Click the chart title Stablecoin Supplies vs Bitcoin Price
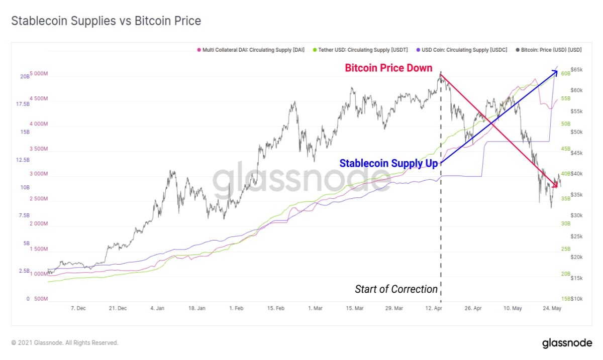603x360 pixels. click(106, 21)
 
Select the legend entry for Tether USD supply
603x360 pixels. click(360, 50)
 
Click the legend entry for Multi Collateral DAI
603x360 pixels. click(251, 50)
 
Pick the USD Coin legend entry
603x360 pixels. click(462, 50)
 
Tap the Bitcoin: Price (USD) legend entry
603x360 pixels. click(549, 50)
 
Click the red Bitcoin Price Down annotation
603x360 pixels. click(388, 68)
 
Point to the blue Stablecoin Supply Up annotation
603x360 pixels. click(388, 163)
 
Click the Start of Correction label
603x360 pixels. click(396, 289)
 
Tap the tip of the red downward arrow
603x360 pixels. click(557, 187)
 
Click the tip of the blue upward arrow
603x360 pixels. click(557, 71)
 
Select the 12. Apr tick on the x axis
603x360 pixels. click(433, 308)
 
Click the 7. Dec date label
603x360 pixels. click(78, 308)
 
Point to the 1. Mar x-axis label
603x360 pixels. click(315, 308)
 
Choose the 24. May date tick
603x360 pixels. click(552, 308)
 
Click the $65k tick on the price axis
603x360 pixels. click(577, 70)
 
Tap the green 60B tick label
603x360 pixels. click(565, 73)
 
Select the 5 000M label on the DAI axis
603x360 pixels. click(39, 73)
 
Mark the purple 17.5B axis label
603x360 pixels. click(23, 104)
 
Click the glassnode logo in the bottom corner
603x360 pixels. click(567, 343)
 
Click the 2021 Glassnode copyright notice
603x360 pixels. click(65, 342)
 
